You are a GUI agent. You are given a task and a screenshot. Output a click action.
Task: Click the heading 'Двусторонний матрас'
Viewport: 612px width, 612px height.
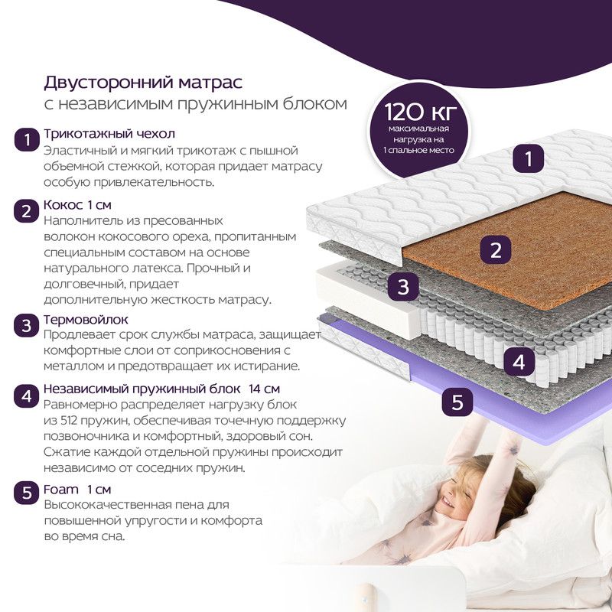143,83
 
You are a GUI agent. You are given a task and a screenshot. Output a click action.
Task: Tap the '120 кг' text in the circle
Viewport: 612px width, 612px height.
419,111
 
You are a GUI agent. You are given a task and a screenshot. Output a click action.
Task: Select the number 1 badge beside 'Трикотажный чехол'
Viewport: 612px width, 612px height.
27,140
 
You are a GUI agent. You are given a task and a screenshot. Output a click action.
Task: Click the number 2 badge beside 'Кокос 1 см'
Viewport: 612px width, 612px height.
27,211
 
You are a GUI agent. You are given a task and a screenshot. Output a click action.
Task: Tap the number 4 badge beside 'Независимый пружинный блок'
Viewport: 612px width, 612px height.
27,396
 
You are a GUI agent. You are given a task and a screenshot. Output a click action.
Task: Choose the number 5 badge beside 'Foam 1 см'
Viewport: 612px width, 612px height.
27,492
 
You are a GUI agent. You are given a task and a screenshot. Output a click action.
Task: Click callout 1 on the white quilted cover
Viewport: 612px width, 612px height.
528,158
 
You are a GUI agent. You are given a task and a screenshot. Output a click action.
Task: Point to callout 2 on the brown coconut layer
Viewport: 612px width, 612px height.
495,250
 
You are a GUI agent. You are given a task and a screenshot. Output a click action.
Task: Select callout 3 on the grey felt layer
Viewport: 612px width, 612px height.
403,286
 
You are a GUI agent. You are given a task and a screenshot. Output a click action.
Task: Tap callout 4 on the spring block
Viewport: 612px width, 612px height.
519,362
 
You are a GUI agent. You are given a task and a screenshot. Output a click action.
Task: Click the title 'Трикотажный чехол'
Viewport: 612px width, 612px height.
109,133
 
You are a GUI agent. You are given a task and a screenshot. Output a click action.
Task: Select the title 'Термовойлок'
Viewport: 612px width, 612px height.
86,319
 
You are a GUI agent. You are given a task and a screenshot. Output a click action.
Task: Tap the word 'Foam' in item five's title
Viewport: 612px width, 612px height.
61,489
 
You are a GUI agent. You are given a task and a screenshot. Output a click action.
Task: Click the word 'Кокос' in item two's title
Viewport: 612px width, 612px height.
63,204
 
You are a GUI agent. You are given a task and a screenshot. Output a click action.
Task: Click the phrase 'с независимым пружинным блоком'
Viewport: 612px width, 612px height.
195,104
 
